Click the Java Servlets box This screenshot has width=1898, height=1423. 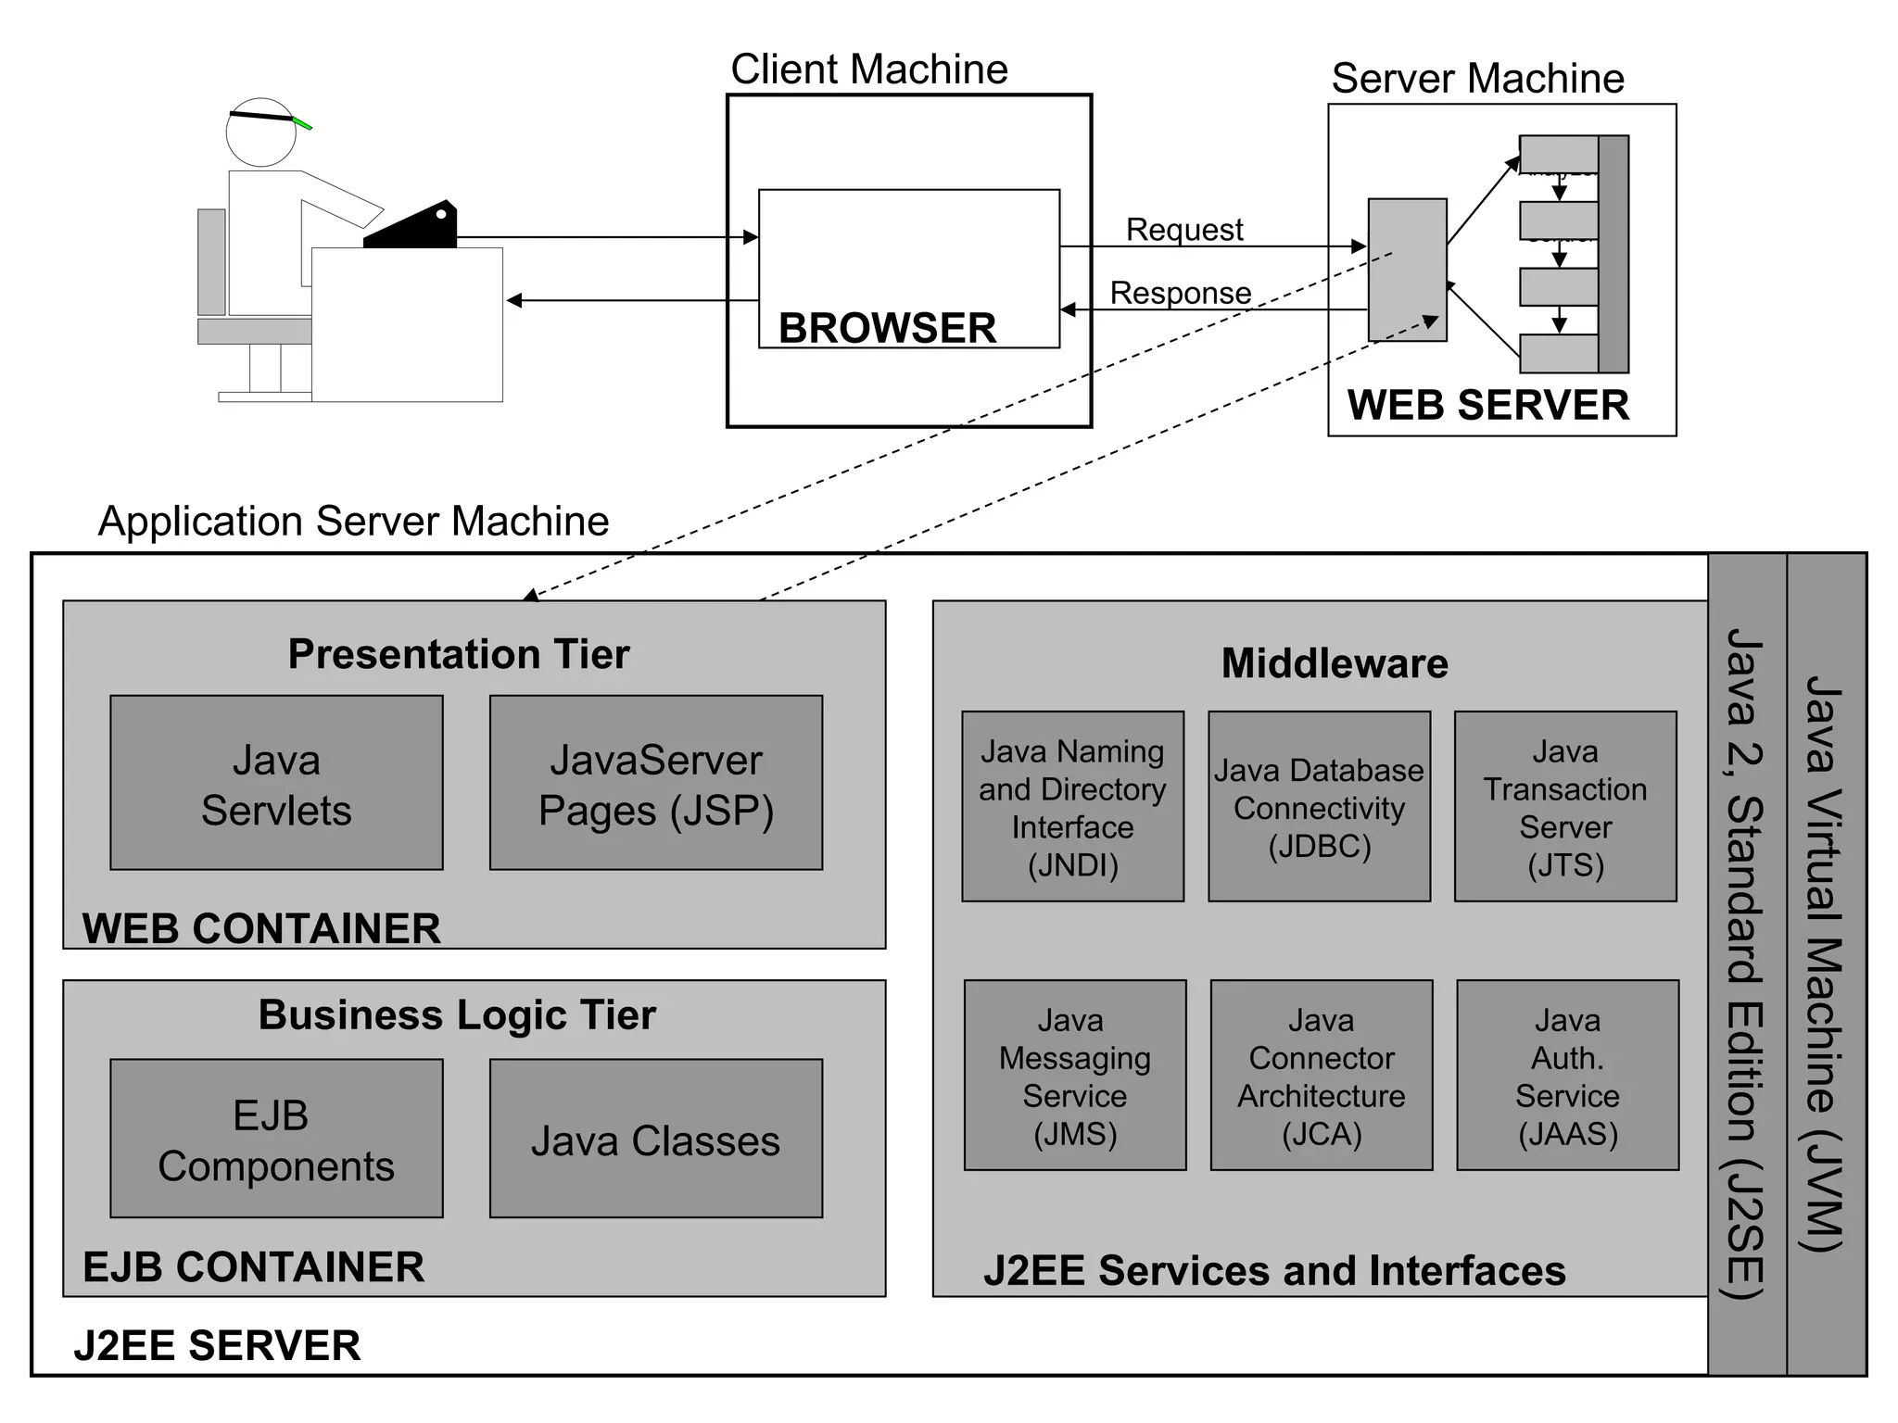pyautogui.click(x=276, y=783)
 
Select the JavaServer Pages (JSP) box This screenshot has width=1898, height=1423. pyautogui.click(x=655, y=783)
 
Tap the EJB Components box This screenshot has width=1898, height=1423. pyautogui.click(x=276, y=1139)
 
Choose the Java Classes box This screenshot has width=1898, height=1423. pyautogui.click(x=655, y=1139)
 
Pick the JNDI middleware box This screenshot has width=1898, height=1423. pyautogui.click(x=1072, y=807)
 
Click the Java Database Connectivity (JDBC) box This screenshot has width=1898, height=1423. pyautogui.click(x=1319, y=807)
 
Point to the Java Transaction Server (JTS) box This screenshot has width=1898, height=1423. pyautogui.click(x=1565, y=807)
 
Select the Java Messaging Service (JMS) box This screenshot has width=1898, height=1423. pyautogui.click(x=1075, y=1076)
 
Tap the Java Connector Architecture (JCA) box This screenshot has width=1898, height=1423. pyautogui.click(x=1322, y=1076)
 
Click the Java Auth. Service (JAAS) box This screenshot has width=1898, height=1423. pyautogui.click(x=1567, y=1076)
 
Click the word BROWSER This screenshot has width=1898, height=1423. pyautogui.click(x=887, y=328)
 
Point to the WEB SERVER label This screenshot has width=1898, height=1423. pyautogui.click(x=1487, y=405)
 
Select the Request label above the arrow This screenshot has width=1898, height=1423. pyautogui.click(x=1184, y=229)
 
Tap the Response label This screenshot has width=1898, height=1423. pyautogui.click(x=1181, y=293)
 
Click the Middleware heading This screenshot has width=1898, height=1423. pyautogui.click(x=1335, y=663)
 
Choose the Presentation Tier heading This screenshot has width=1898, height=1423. pyautogui.click(x=459, y=654)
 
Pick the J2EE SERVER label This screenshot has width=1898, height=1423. pyautogui.click(x=217, y=1345)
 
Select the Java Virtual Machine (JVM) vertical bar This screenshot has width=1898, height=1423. pyautogui.click(x=1826, y=963)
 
